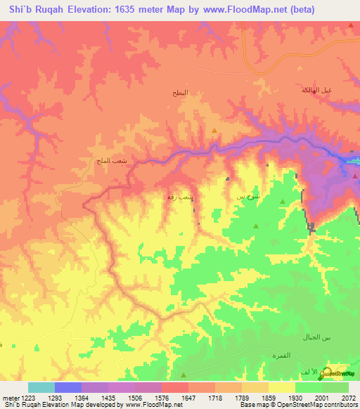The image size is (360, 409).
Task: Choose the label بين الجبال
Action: (x=316, y=339)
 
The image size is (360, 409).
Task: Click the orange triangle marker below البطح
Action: (x=214, y=130)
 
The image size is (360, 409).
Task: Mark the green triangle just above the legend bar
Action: (x=184, y=375)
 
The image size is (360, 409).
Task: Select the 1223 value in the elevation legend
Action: (x=28, y=398)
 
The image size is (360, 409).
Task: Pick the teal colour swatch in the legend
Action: (x=41, y=387)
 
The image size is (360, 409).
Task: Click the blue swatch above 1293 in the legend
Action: (x=67, y=387)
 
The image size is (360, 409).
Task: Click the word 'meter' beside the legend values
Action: (x=9, y=398)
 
